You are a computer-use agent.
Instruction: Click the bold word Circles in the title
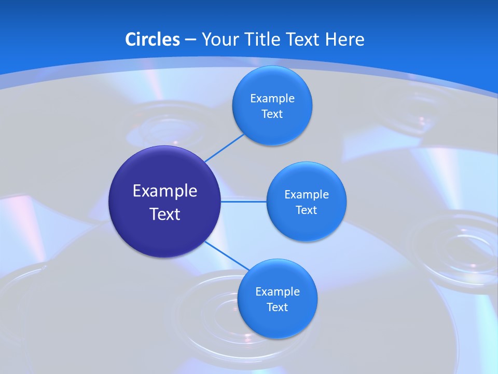[153, 39]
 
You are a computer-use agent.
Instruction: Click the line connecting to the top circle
[224, 148]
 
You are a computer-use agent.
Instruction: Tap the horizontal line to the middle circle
[244, 201]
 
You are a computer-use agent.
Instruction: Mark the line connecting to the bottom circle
[227, 256]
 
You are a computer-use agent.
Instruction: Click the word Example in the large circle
[165, 191]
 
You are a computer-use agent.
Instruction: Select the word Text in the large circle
[165, 214]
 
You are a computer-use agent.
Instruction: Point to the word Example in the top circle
[272, 99]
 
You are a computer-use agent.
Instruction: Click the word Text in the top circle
[272, 114]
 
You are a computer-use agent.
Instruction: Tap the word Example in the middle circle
[307, 195]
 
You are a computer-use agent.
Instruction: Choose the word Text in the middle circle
[306, 210]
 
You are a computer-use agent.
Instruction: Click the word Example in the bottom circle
[278, 292]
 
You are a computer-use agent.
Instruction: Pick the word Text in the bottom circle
[277, 308]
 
